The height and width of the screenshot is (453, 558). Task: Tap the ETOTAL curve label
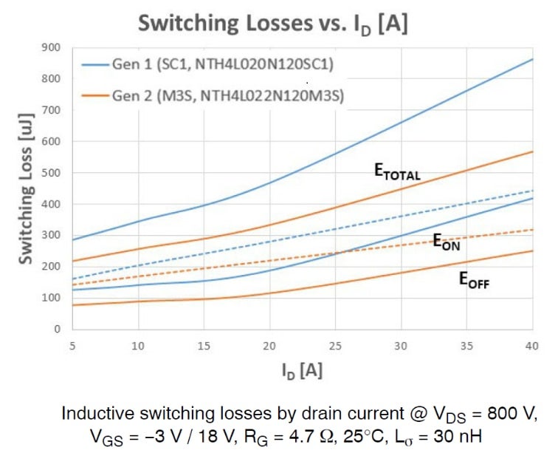pos(396,173)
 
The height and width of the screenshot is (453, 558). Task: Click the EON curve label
pos(446,243)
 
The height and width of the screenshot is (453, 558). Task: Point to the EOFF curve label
pos(474,280)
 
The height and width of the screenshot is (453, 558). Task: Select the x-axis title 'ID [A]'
pos(302,367)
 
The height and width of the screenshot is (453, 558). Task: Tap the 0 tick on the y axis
pos(56,330)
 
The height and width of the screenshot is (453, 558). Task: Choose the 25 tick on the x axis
pos(335,345)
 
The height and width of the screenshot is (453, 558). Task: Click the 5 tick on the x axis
pos(73,345)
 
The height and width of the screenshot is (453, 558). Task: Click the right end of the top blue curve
pos(531,59)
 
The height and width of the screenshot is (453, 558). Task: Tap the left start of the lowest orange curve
pos(74,305)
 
